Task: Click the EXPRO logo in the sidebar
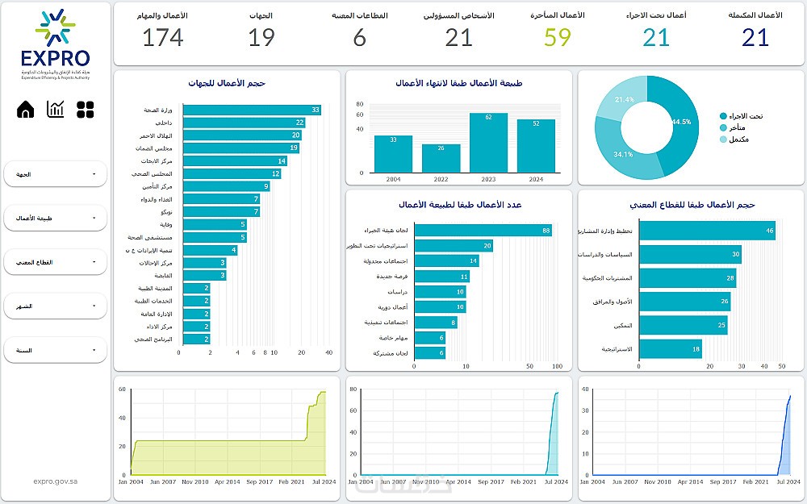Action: click(x=55, y=44)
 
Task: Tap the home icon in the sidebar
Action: click(x=26, y=110)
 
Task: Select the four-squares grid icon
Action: click(x=86, y=110)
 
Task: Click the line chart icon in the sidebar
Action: click(x=56, y=110)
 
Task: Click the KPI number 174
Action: click(x=163, y=37)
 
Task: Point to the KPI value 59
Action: click(x=558, y=37)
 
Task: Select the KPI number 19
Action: click(x=261, y=37)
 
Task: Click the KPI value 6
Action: click(x=360, y=37)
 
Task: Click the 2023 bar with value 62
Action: click(x=489, y=143)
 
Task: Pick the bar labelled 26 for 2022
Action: click(x=441, y=158)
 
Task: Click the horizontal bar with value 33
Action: click(x=252, y=110)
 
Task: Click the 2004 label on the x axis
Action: click(x=393, y=179)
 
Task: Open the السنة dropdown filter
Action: click(x=55, y=350)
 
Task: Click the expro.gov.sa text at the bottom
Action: click(x=56, y=481)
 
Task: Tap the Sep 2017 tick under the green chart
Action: click(x=259, y=481)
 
